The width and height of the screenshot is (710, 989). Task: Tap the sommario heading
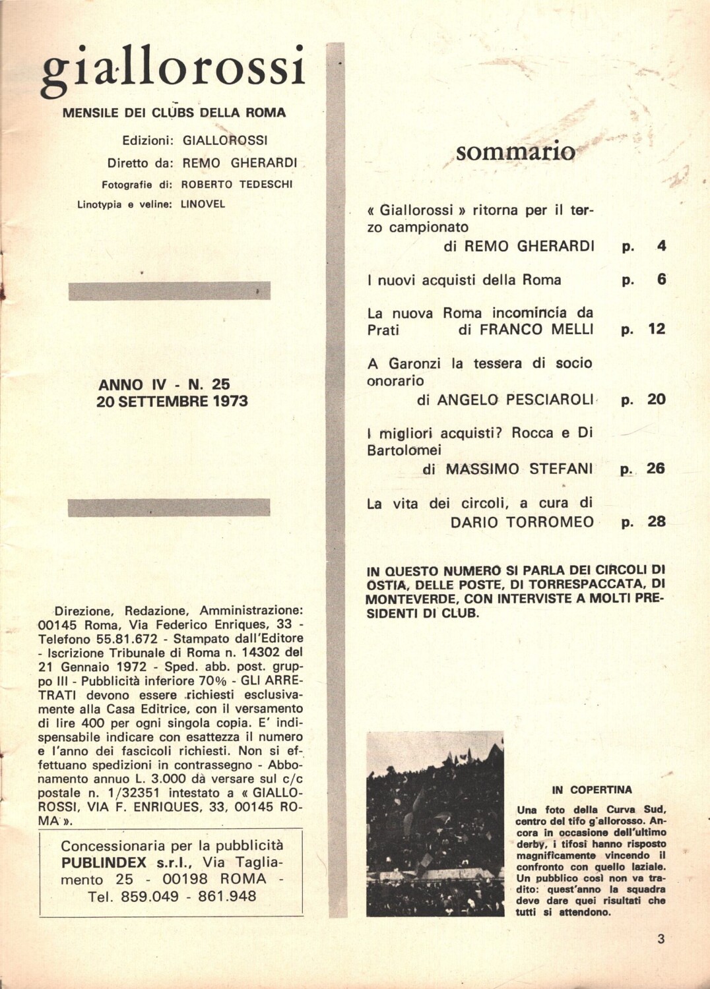(515, 152)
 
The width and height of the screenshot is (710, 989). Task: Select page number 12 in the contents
(656, 329)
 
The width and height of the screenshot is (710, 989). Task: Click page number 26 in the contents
(655, 468)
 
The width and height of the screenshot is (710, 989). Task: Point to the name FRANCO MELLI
(536, 330)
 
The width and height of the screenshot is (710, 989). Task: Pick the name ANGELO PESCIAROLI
(515, 400)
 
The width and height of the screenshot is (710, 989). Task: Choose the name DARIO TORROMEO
(522, 522)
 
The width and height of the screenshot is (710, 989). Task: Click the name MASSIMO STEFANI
(519, 469)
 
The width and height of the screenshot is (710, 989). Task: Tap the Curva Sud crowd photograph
(435, 824)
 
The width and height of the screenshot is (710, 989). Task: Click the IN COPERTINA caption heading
(592, 790)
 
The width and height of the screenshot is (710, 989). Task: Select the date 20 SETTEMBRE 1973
(172, 402)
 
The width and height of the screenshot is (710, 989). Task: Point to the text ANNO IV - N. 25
(164, 384)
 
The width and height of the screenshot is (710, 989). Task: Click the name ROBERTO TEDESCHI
(236, 185)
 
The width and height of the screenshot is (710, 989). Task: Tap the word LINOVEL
(203, 204)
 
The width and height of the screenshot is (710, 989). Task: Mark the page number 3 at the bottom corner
(661, 940)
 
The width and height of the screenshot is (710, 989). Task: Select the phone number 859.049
(145, 897)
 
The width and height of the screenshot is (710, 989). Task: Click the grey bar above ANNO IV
(169, 291)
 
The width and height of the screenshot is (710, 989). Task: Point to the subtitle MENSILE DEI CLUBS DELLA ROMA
(174, 113)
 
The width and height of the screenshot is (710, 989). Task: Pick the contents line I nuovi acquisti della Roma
(465, 280)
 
